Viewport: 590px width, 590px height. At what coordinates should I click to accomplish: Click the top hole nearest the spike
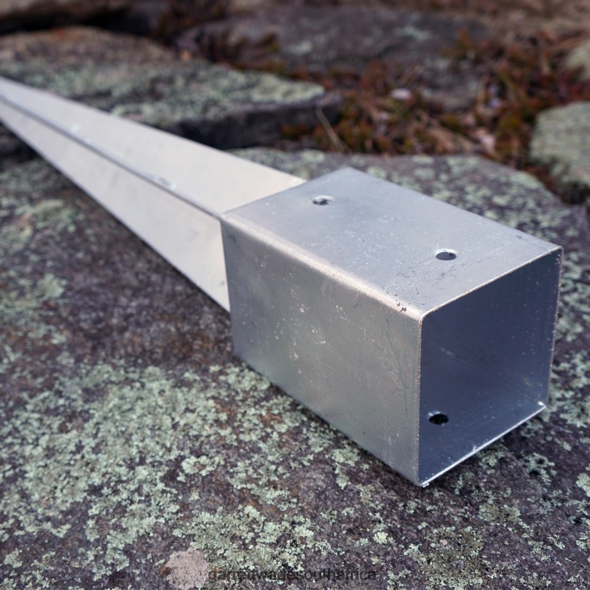(323, 200)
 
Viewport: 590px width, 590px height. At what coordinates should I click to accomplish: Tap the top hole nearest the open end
(446, 255)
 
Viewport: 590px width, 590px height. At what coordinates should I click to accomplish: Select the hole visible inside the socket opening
(438, 419)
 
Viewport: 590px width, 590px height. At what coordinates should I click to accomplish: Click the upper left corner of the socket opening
(423, 315)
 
